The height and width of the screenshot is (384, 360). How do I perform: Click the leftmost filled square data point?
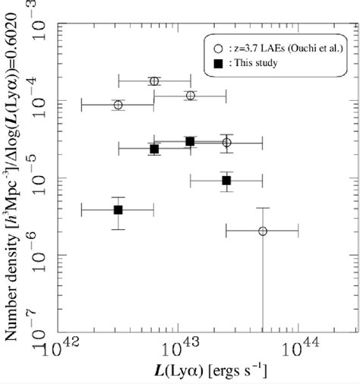(118, 209)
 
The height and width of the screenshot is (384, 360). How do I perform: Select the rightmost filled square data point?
(226, 181)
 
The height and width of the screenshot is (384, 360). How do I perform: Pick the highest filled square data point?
(190, 142)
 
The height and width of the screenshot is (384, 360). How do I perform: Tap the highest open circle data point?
(154, 81)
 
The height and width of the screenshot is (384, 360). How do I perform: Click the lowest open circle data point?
(263, 231)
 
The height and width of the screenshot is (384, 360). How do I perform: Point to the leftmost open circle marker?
(118, 105)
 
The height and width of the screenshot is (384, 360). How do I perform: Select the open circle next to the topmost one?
(190, 96)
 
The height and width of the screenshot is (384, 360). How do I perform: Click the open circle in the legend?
(218, 47)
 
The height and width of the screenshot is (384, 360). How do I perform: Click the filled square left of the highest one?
(154, 150)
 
